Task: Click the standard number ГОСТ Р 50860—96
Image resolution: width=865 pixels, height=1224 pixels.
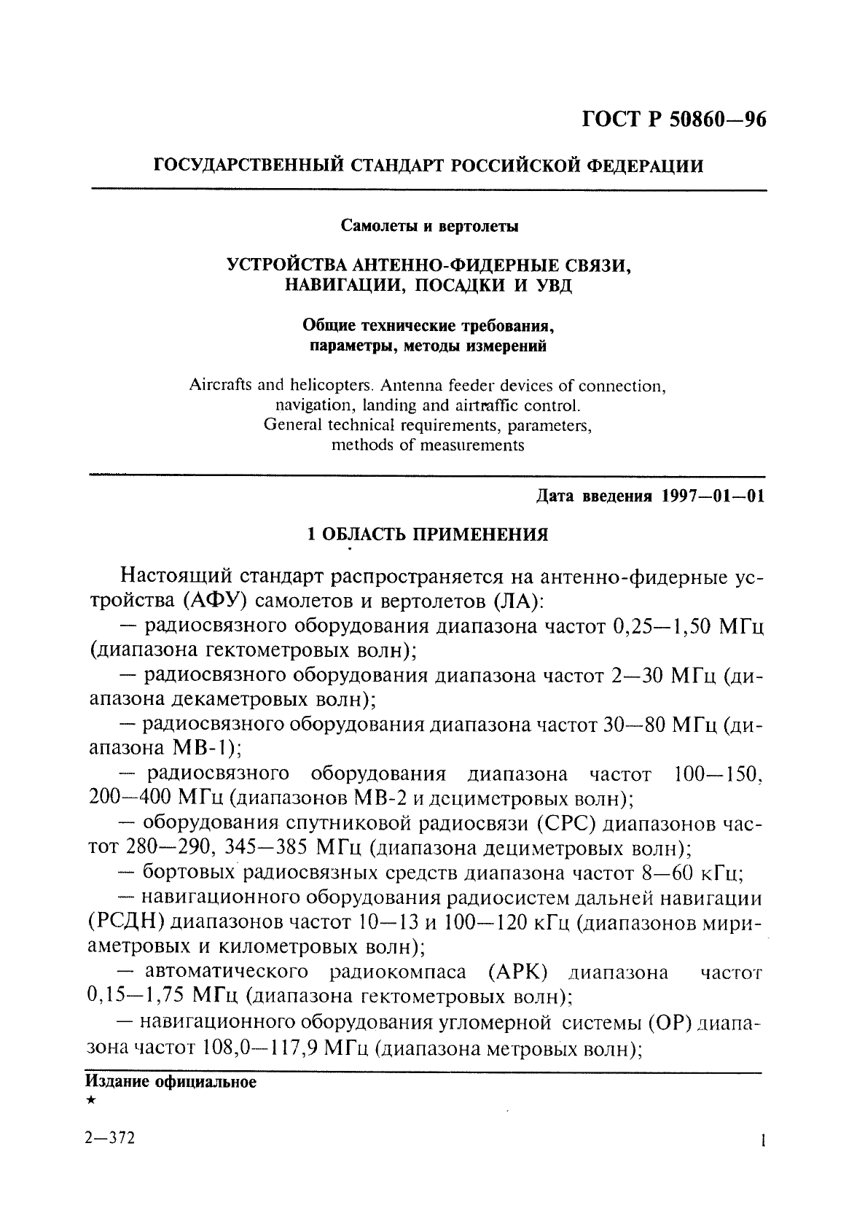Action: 674,120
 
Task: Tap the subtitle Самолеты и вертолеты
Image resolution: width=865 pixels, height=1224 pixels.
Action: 431,226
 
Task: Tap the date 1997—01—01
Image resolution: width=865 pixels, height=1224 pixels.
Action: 713,497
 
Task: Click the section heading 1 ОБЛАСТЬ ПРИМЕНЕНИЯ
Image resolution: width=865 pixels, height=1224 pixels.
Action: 428,535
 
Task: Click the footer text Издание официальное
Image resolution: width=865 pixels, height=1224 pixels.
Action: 171,1082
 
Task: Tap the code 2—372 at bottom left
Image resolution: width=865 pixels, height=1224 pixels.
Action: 110,1139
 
